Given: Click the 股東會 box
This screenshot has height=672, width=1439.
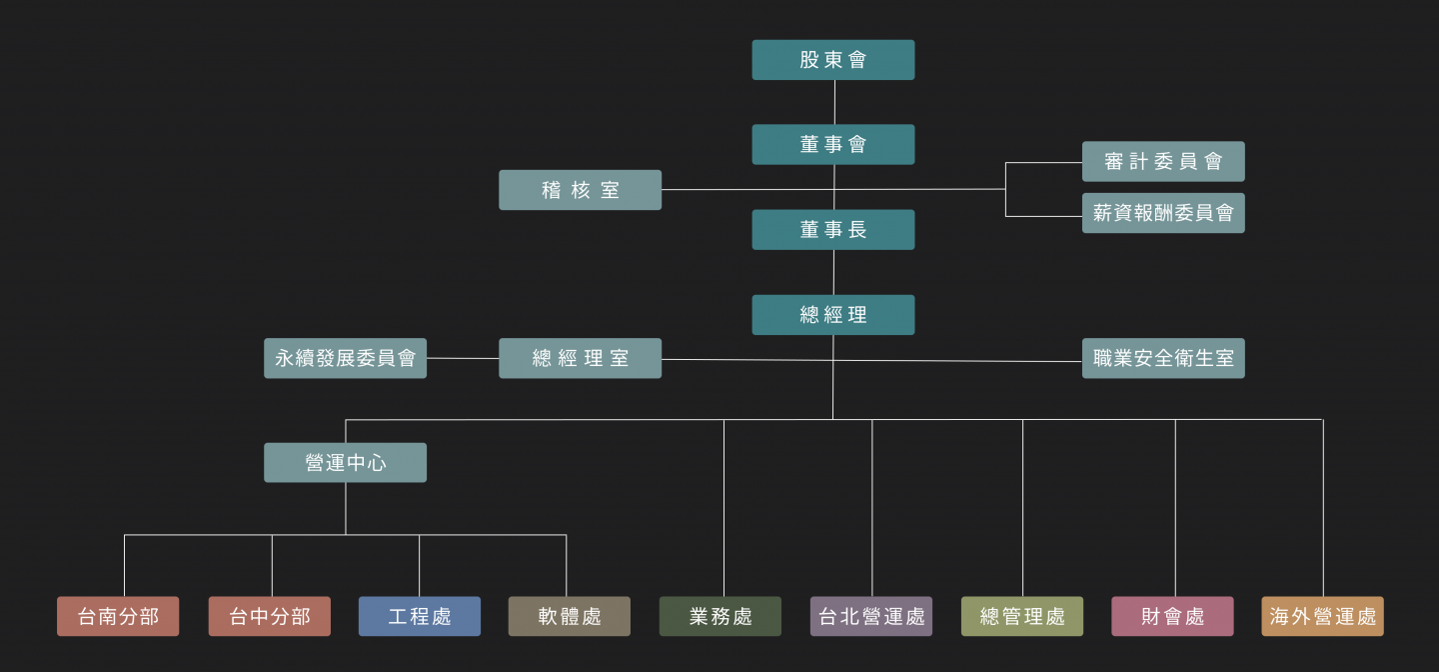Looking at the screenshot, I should [832, 60].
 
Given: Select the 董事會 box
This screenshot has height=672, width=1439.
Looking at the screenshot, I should [832, 145].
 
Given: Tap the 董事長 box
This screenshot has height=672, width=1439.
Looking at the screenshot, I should [832, 230].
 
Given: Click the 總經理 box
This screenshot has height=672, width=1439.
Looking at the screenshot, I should [832, 315].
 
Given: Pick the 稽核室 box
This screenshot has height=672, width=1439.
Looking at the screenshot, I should [580, 190].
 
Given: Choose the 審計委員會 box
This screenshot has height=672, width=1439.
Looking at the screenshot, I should [1163, 161].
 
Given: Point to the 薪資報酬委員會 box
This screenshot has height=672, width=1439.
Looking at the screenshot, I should [1163, 213].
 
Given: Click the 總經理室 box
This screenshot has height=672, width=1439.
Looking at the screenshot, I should [580, 358].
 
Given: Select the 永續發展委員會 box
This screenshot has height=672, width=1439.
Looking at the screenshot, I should [345, 358].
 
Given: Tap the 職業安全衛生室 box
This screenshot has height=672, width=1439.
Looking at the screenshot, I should [1163, 358].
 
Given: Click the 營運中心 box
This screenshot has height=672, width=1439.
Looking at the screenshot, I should [345, 463].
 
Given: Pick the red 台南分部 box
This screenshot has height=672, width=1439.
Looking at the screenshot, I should [118, 616].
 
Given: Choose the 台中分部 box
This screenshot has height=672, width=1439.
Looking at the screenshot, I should [269, 616].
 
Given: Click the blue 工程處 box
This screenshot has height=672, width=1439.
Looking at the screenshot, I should [420, 616].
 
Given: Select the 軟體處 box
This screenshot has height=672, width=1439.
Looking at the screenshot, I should [570, 616].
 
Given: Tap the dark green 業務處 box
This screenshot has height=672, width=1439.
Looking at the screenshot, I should [720, 616].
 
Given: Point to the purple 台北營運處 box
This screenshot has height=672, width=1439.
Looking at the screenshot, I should [871, 616].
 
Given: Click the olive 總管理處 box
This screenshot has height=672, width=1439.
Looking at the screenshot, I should [1022, 616].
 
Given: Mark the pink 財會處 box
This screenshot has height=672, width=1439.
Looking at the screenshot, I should [1172, 616].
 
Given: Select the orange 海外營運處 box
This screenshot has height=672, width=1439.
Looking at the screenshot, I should [1323, 616].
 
